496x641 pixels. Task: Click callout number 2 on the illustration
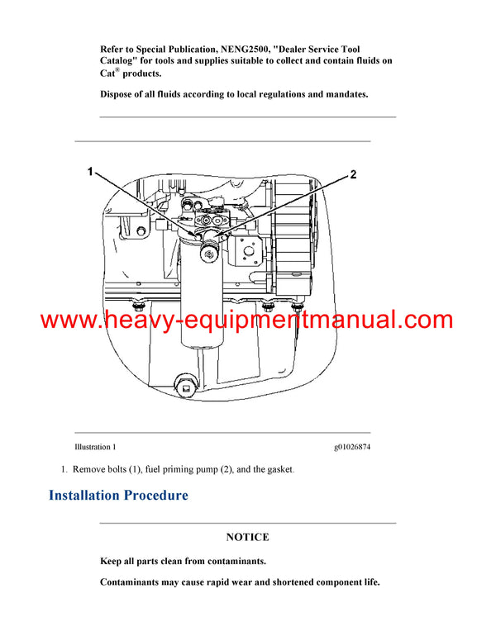tap(353, 174)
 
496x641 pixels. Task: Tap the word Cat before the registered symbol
tap(109, 74)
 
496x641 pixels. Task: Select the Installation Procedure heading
tap(118, 496)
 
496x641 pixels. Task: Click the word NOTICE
tap(247, 537)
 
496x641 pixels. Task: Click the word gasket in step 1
tap(273, 469)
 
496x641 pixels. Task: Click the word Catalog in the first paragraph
tap(123, 62)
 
